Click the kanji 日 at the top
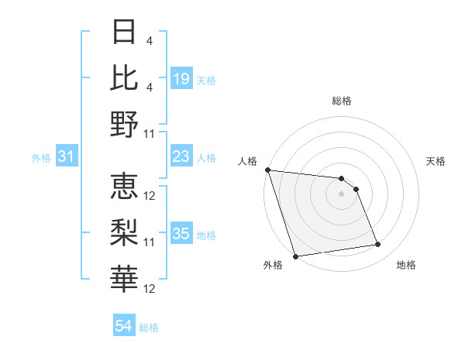125,33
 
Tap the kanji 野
125,123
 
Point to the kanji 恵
125,186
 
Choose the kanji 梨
125,232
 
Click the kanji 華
125,278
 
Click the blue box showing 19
181,79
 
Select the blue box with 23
181,157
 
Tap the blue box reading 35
181,235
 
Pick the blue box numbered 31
66,157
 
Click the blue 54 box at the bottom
123,326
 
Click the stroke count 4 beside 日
149,40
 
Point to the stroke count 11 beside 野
150,133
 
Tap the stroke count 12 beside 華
150,289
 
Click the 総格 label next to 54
149,328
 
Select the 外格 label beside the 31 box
41,158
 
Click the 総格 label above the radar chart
341,101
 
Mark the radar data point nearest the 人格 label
267,170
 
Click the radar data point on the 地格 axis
378,245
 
